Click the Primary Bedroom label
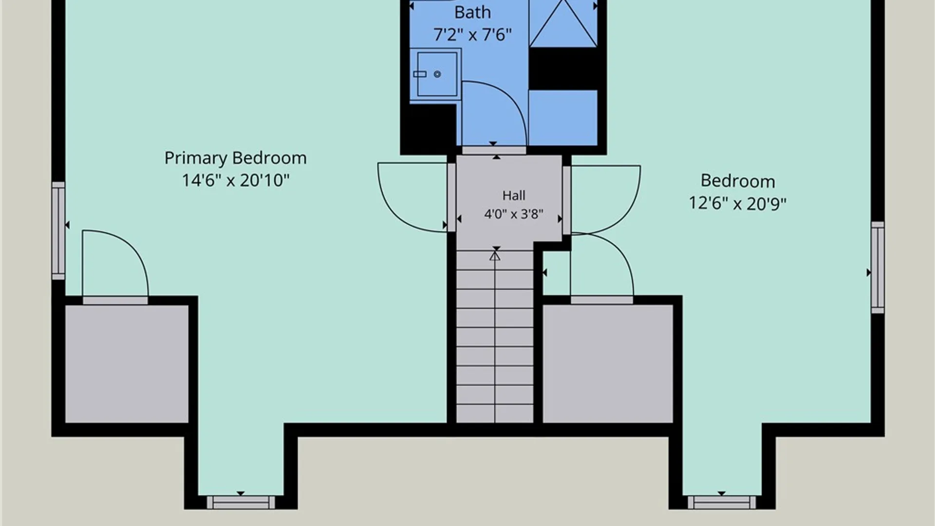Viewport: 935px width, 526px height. point(235,158)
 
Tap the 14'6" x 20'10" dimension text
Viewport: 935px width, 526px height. point(235,181)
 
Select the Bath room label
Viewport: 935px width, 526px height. point(472,13)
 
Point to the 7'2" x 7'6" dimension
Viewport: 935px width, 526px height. point(472,35)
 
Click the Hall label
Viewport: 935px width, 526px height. point(514,196)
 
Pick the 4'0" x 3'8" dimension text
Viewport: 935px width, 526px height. point(514,214)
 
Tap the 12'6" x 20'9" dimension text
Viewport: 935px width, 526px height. point(737,204)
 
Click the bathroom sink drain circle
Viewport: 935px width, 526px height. point(437,74)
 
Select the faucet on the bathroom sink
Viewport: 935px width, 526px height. point(420,74)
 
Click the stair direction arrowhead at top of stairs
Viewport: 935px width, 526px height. point(495,255)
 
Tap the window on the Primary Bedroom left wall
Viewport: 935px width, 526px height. point(58,231)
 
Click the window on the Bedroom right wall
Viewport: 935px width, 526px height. point(878,267)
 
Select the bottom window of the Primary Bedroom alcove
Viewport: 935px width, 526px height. point(241,502)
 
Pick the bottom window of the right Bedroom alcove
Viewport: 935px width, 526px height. point(722,502)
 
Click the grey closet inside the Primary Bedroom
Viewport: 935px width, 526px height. point(127,364)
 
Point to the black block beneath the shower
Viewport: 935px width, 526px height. point(563,69)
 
